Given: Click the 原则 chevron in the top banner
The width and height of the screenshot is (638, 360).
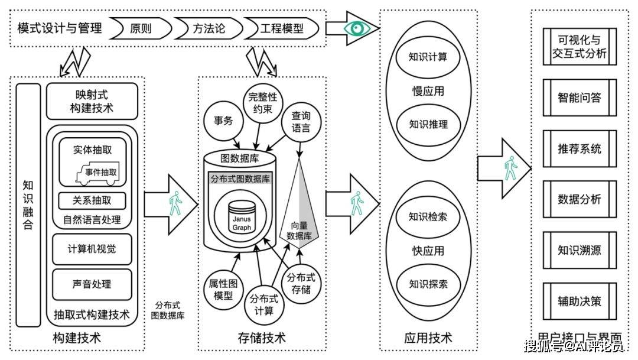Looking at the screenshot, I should click(x=141, y=28).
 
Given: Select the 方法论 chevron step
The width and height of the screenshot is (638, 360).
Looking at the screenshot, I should click(x=208, y=28).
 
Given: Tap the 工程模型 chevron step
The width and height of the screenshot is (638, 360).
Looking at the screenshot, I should click(x=281, y=28).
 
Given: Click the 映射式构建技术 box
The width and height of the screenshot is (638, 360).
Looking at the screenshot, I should click(x=92, y=101).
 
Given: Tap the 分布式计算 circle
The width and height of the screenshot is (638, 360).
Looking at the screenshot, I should click(x=262, y=304).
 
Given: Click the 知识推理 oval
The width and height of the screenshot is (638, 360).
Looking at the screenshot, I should click(x=428, y=124).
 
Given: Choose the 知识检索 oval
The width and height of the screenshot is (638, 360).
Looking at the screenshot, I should click(x=428, y=216).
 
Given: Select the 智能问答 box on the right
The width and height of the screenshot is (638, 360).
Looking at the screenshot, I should click(x=579, y=98).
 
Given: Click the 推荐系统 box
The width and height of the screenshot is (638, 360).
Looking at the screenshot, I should click(x=579, y=148).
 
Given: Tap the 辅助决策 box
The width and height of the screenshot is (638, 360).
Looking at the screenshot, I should click(x=579, y=301).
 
